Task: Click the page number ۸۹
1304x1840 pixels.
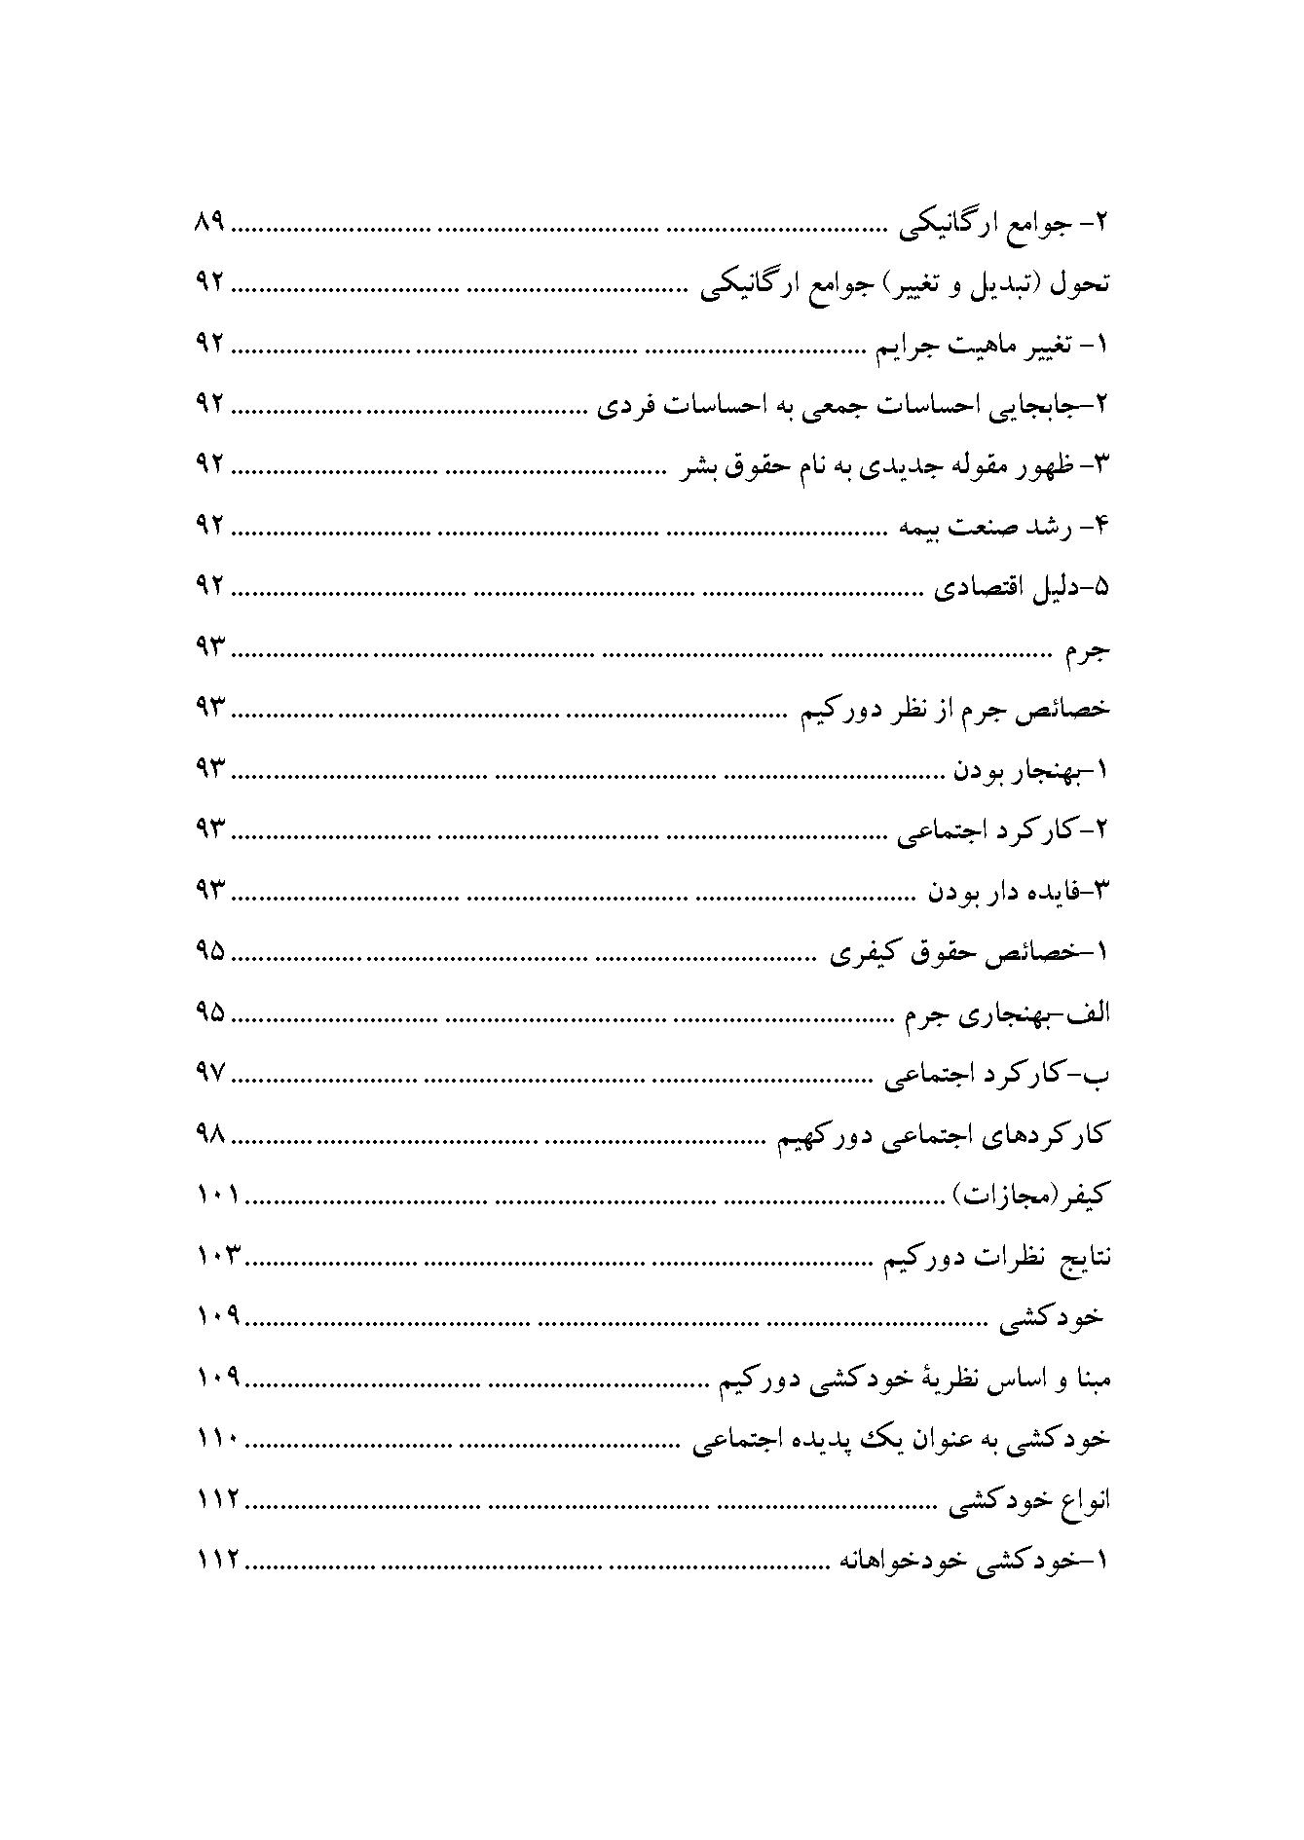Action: point(209,223)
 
